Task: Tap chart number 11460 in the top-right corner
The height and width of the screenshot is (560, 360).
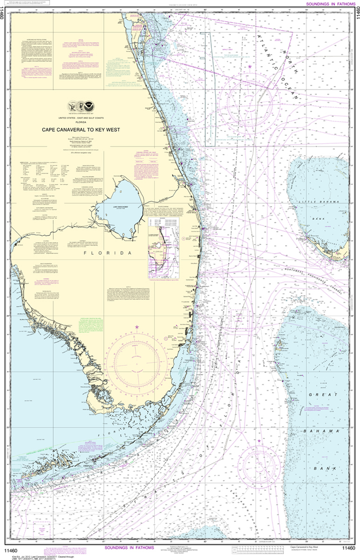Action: pos(355,17)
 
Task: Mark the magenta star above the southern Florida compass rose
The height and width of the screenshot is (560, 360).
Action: pos(137,327)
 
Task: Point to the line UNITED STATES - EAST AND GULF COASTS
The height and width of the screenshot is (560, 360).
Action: pos(80,119)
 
